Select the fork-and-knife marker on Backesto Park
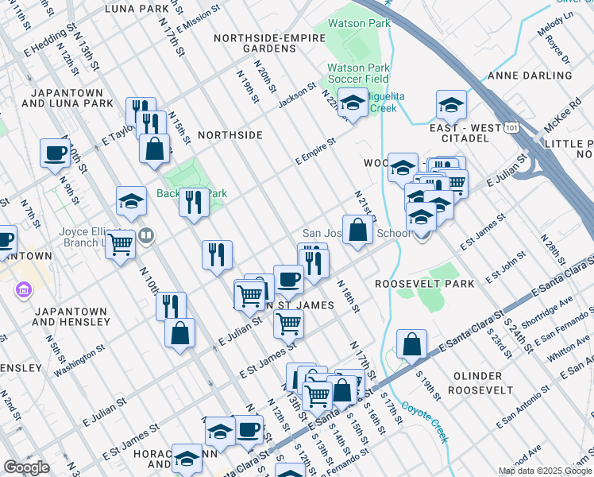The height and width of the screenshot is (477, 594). coord(193,203)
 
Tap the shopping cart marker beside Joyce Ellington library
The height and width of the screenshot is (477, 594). coord(120,244)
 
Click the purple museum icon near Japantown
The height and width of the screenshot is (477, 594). coord(21,292)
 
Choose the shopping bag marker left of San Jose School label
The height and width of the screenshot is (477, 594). coord(358,231)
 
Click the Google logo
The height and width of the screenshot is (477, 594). coord(26,467)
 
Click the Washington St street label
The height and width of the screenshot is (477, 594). coord(79,360)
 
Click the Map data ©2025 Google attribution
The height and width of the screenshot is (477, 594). coord(545,471)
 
